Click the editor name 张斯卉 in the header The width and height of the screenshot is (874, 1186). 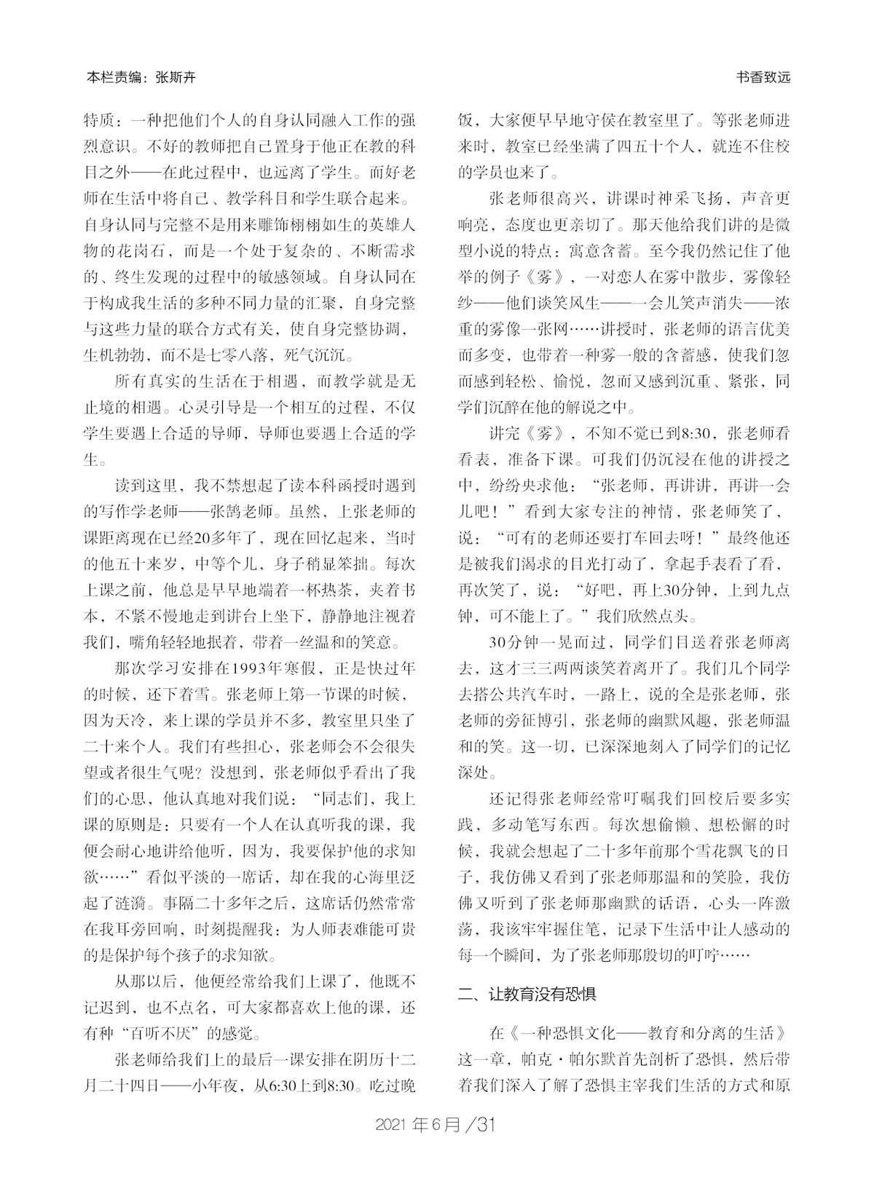pos(176,78)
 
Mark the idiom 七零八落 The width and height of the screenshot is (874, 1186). pos(283,356)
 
